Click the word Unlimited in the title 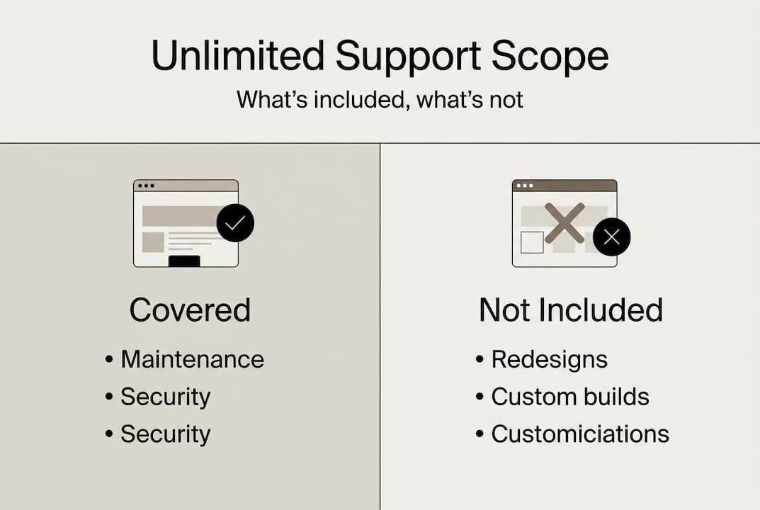(x=238, y=57)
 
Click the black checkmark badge (x=235, y=222)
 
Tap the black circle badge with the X (x=611, y=237)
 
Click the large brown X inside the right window (x=565, y=223)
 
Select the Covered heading (x=190, y=310)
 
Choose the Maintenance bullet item (x=192, y=359)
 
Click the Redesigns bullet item (x=549, y=359)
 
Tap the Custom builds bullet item (x=570, y=397)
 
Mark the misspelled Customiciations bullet (x=580, y=433)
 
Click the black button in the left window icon (x=184, y=261)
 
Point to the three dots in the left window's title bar (x=146, y=186)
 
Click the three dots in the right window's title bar (x=525, y=186)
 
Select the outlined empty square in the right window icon (x=532, y=242)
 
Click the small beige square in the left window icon (x=153, y=242)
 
